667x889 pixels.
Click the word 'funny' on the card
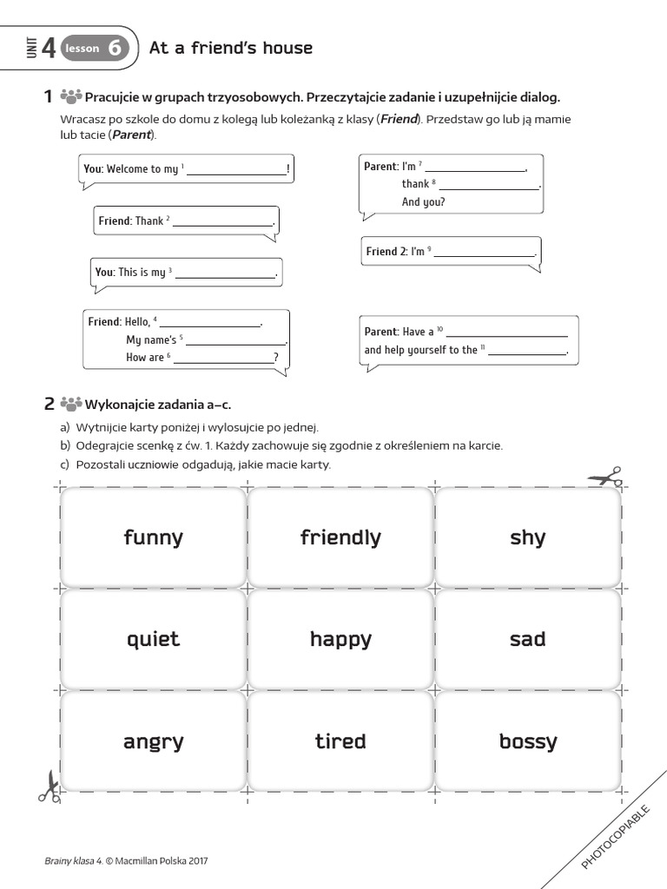pyautogui.click(x=153, y=537)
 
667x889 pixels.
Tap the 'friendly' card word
pyautogui.click(x=340, y=537)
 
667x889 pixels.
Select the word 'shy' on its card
pyautogui.click(x=527, y=537)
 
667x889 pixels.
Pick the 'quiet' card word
pyautogui.click(x=153, y=640)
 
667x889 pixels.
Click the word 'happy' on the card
pyautogui.click(x=340, y=640)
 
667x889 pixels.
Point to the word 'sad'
pyautogui.click(x=527, y=640)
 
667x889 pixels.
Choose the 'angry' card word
pyautogui.click(x=153, y=742)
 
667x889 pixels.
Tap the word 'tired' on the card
pyautogui.click(x=340, y=741)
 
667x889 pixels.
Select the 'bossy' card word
pyautogui.click(x=527, y=742)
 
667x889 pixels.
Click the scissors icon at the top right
pyautogui.click(x=605, y=477)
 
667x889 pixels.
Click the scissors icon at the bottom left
pyautogui.click(x=49, y=786)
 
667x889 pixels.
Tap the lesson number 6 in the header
pyautogui.click(x=115, y=49)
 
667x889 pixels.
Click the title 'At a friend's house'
pyautogui.click(x=231, y=48)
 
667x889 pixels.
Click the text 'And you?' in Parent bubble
pyautogui.click(x=423, y=202)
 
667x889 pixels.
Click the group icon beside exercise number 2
pyautogui.click(x=71, y=404)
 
